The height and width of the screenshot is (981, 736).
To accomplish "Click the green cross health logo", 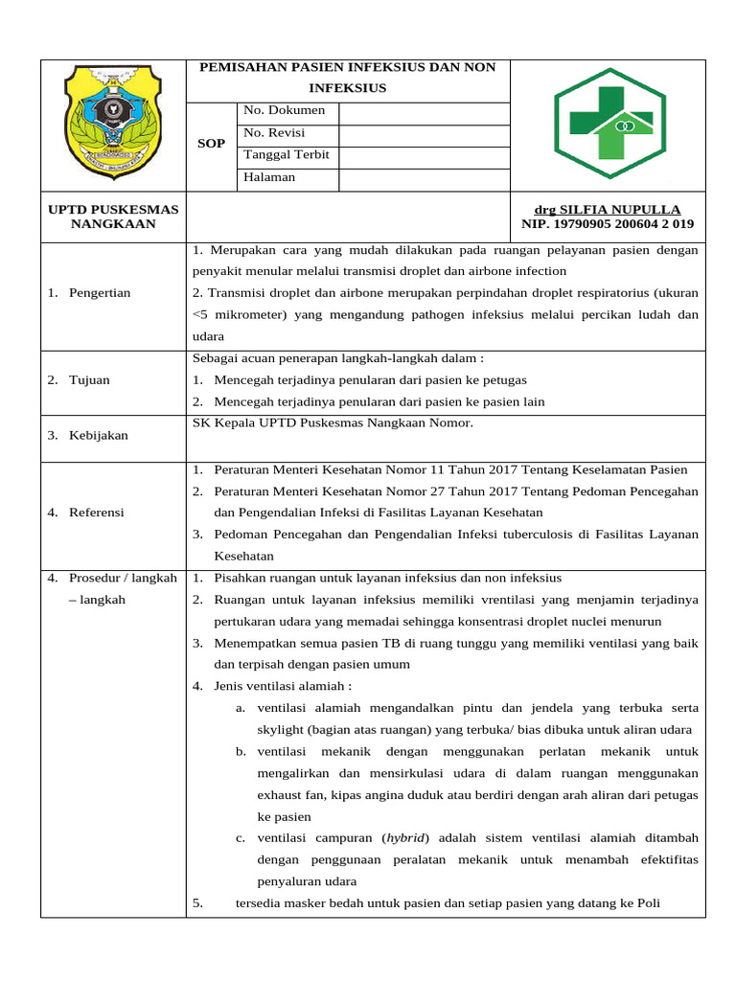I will pyautogui.click(x=609, y=125).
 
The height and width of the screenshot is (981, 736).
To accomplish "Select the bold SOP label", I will pyautogui.click(x=211, y=144).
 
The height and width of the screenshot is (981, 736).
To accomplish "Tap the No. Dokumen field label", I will pyautogui.click(x=285, y=110).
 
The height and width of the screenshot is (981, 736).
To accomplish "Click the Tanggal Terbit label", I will pyautogui.click(x=287, y=154).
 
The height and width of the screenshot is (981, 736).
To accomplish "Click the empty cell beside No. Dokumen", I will pyautogui.click(x=424, y=111).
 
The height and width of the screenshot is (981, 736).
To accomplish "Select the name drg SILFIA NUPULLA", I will pyautogui.click(x=607, y=210).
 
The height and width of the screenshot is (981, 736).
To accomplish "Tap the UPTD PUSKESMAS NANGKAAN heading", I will pyautogui.click(x=114, y=217).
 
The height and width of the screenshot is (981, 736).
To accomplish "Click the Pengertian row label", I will pyautogui.click(x=100, y=292).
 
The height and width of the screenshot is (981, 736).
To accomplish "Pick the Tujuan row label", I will pyautogui.click(x=89, y=380).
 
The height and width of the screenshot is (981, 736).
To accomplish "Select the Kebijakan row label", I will pyautogui.click(x=99, y=435).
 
